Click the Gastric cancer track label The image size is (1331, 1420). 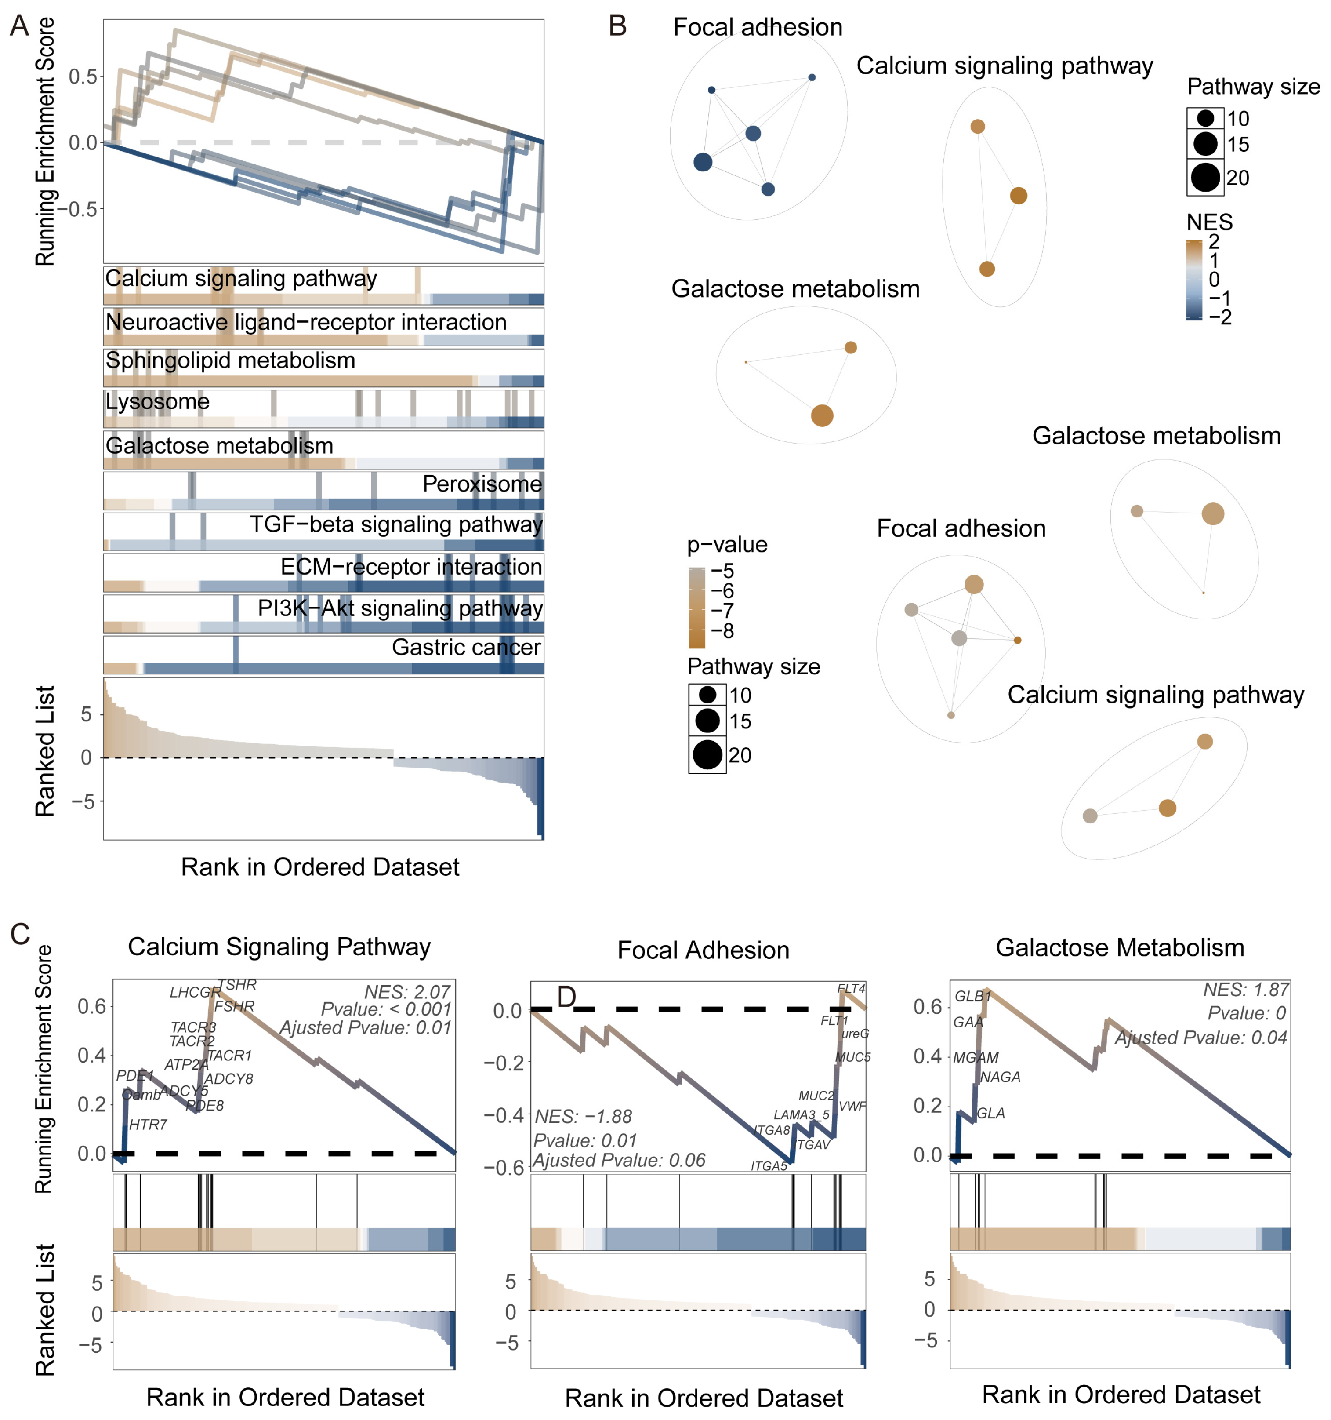(466, 647)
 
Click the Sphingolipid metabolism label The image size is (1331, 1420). (230, 360)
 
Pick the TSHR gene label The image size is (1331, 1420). (237, 985)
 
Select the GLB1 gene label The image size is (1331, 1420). (972, 997)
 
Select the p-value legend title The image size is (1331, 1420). (726, 545)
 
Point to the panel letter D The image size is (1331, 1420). (566, 997)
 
